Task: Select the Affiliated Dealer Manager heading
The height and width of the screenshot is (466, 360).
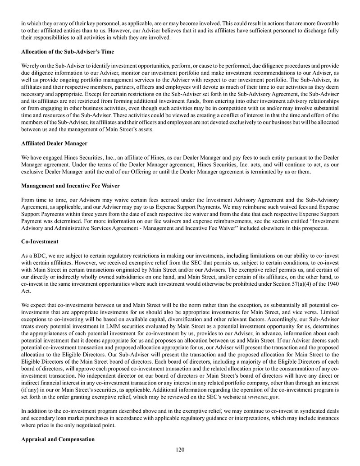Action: pyautogui.click(x=54, y=143)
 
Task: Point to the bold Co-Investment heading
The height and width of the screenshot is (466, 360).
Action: pyautogui.click(x=40, y=242)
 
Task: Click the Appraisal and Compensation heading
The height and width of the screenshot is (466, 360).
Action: pyautogui.click(x=58, y=439)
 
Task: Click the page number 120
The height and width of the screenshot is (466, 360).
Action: pyautogui.click(x=180, y=449)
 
